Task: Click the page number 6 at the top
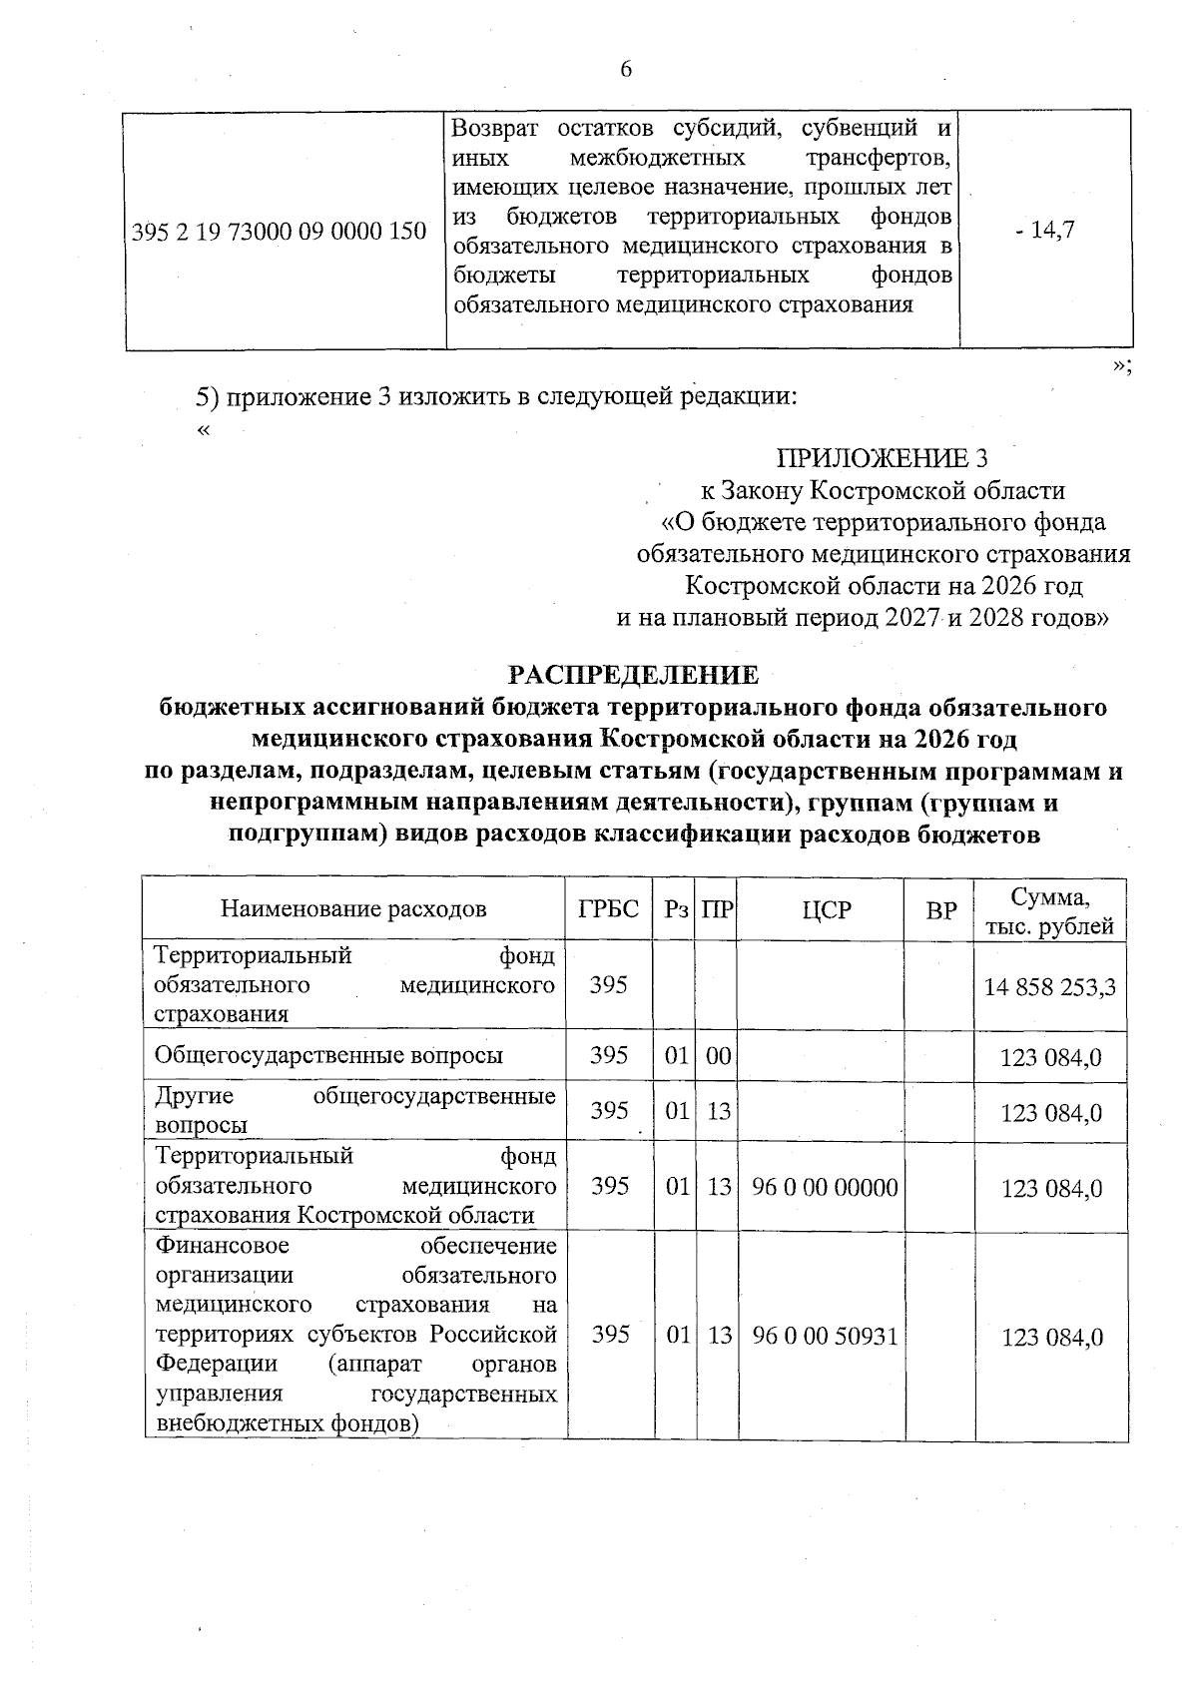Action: pos(626,69)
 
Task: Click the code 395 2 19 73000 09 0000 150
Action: pos(280,232)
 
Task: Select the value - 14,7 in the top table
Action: pos(1045,231)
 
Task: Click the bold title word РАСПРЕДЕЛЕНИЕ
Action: pos(634,675)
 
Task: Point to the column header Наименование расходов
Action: pos(353,908)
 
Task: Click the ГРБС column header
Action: pos(608,908)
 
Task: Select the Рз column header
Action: pos(676,908)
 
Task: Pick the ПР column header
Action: pos(718,908)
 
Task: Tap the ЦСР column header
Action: pos(826,908)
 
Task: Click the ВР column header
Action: pos(939,908)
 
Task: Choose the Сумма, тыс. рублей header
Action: pos(1049,910)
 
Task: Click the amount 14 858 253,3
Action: pos(1049,987)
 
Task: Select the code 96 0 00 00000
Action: pos(826,1187)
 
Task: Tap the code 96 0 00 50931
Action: pos(826,1337)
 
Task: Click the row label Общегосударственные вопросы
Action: pos(328,1056)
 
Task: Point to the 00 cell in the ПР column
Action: pos(718,1056)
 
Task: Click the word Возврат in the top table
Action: pos(495,128)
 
